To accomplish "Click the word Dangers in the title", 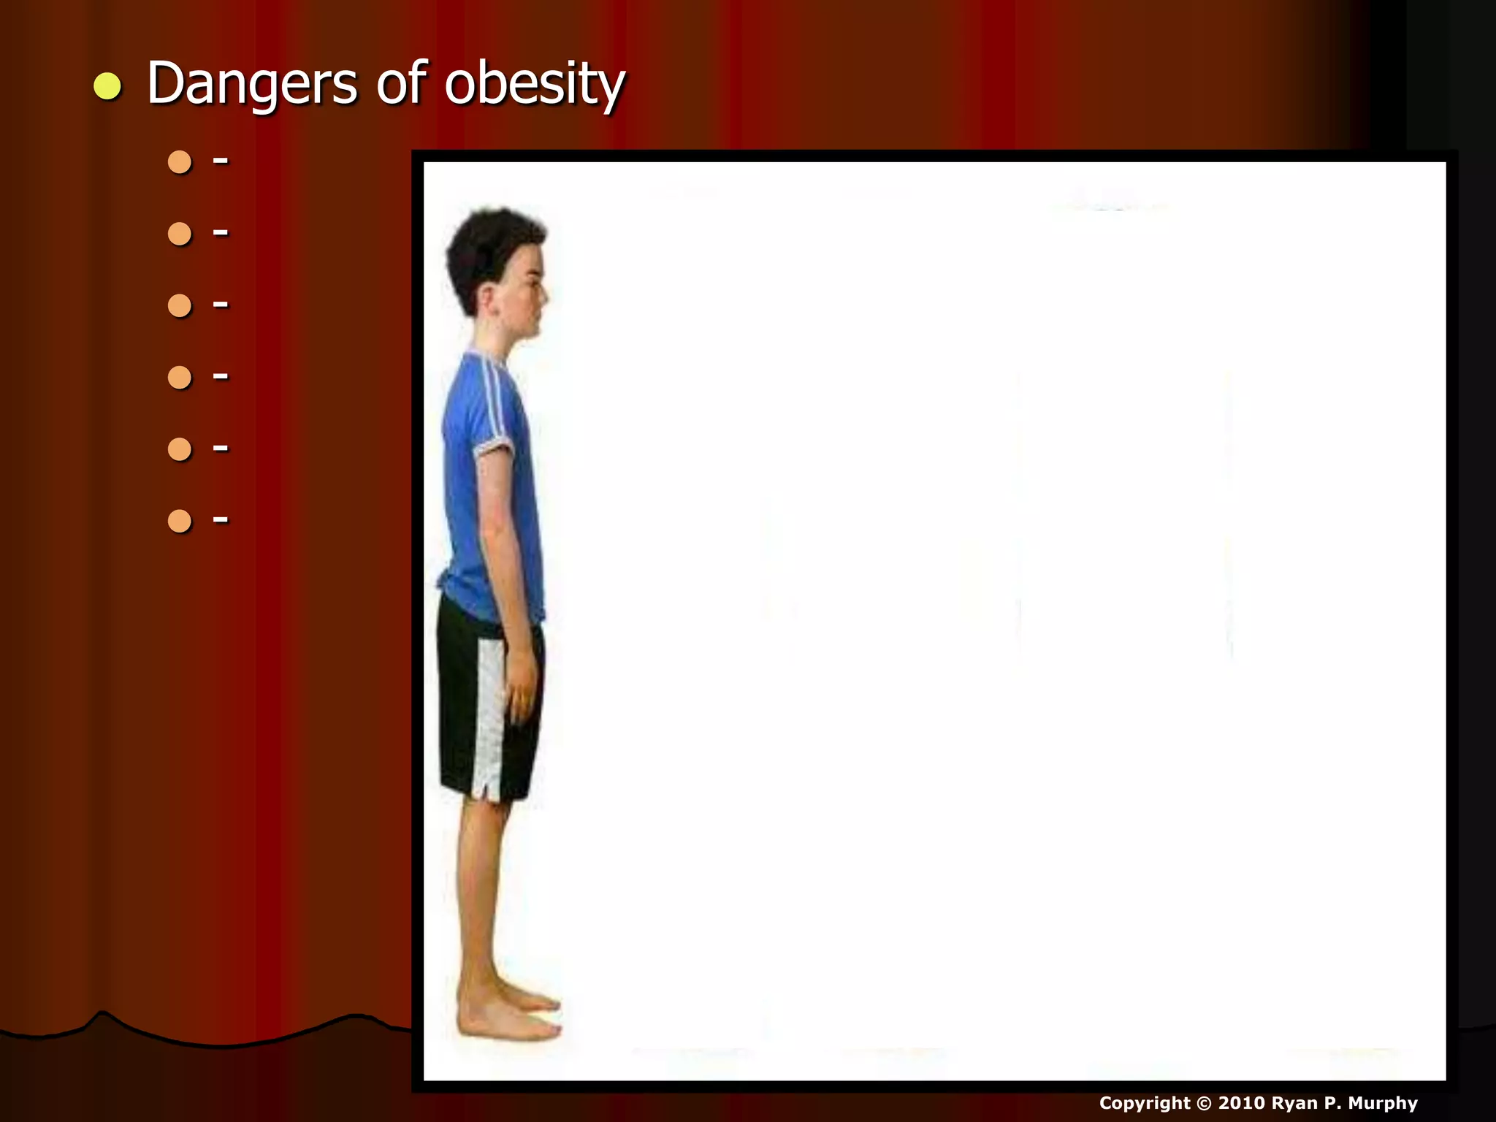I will pyautogui.click(x=252, y=84).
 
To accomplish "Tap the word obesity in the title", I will pyautogui.click(x=535, y=84).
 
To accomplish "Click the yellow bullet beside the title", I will pyautogui.click(x=107, y=87).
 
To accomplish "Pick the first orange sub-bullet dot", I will pyautogui.click(x=180, y=161).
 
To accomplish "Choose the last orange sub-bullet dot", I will pyautogui.click(x=180, y=521).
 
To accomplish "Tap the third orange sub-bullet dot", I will pyautogui.click(x=180, y=305).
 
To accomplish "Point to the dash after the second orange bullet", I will pyautogui.click(x=221, y=233).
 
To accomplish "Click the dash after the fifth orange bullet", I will pyautogui.click(x=221, y=449).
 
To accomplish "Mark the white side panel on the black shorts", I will pyautogui.click(x=489, y=716).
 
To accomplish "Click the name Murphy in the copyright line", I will pyautogui.click(x=1383, y=1103).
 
